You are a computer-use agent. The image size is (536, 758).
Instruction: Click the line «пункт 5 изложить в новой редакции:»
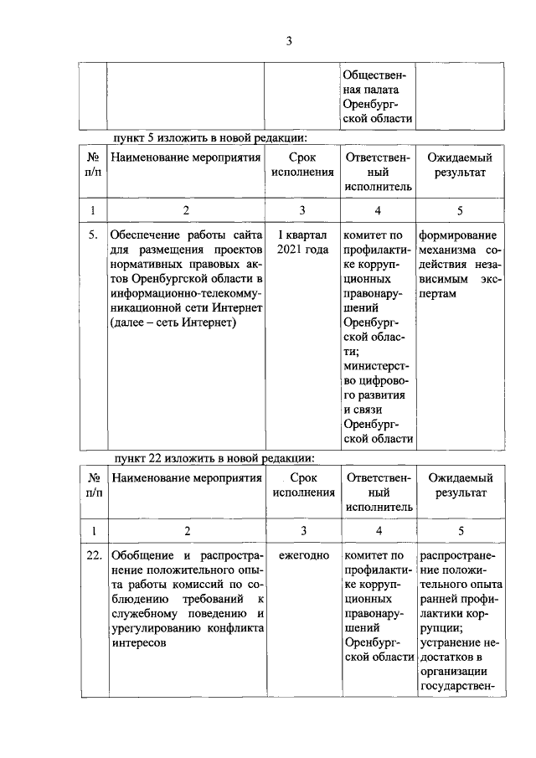(211, 137)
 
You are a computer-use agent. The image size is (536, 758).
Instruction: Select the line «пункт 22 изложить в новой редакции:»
(214, 458)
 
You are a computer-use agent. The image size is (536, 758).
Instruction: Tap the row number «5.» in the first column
(94, 235)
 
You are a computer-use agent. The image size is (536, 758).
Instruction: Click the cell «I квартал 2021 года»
(302, 242)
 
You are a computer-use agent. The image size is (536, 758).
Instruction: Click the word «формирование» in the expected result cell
(457, 235)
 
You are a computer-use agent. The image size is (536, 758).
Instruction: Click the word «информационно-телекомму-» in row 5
(186, 293)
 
